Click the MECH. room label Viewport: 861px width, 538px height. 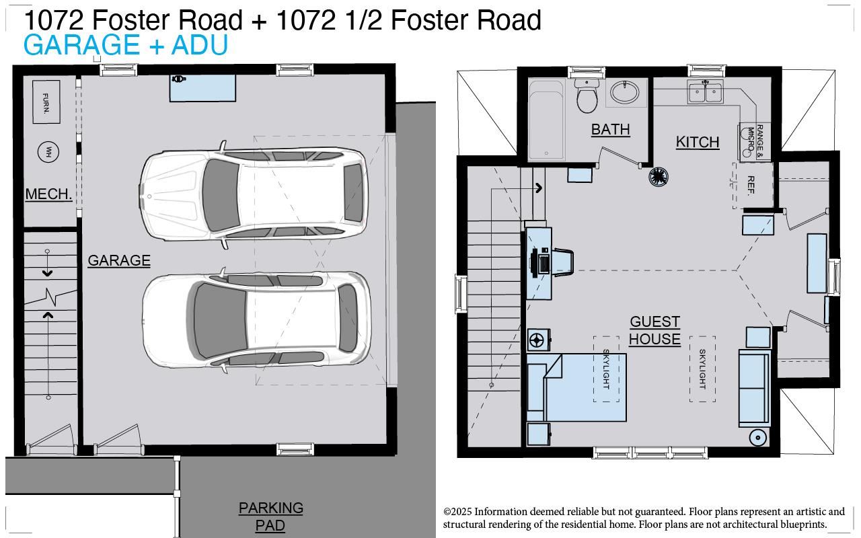[48, 194]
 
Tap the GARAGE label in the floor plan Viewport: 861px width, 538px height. [119, 260]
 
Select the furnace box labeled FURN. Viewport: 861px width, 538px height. [46, 102]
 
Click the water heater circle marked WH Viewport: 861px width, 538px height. [48, 152]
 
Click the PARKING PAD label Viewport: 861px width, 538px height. [270, 516]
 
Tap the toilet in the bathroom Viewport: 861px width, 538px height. [587, 97]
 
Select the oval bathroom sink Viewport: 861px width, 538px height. [626, 93]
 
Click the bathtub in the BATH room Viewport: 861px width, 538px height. [546, 119]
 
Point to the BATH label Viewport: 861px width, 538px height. [610, 129]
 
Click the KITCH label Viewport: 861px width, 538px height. [698, 142]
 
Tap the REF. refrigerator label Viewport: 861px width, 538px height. [751, 185]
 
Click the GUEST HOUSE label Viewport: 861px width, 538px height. [654, 330]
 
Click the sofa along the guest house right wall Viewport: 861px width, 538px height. [754, 388]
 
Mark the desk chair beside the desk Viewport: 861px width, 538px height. [563, 262]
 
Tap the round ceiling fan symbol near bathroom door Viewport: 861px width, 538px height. [658, 177]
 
